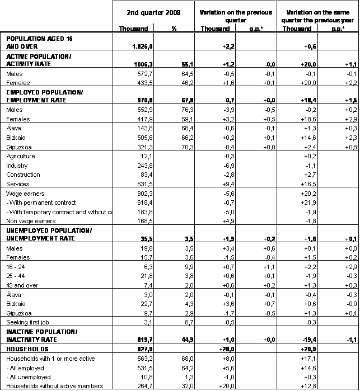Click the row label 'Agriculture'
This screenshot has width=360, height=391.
tap(20, 156)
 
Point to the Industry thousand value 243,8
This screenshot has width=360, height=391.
tap(140, 166)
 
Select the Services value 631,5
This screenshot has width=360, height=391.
tap(140, 184)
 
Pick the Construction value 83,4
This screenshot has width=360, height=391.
tap(142, 175)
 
